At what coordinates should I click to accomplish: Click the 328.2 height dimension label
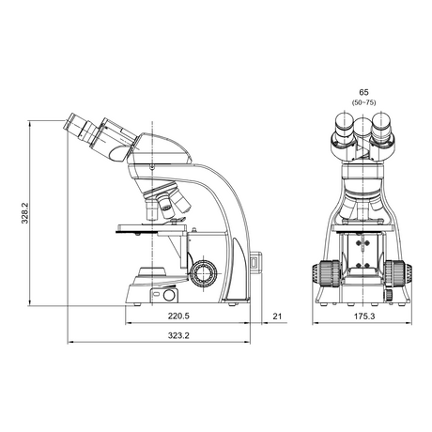25,213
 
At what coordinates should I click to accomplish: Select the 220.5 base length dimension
178,316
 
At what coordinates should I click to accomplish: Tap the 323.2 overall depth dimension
178,335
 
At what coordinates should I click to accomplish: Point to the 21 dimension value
277,316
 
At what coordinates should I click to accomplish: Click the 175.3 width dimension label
364,316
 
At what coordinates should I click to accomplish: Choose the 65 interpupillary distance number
363,92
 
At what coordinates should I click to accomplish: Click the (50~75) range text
363,102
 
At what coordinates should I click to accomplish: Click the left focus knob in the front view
326,274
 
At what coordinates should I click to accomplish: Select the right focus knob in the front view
398,274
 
